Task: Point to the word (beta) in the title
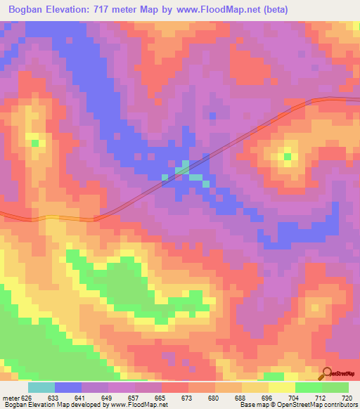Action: click(x=274, y=9)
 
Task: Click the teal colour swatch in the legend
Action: click(x=41, y=387)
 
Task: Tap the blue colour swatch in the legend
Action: click(x=68, y=387)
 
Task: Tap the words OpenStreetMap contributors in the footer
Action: click(x=317, y=405)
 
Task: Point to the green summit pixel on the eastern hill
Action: click(x=287, y=156)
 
